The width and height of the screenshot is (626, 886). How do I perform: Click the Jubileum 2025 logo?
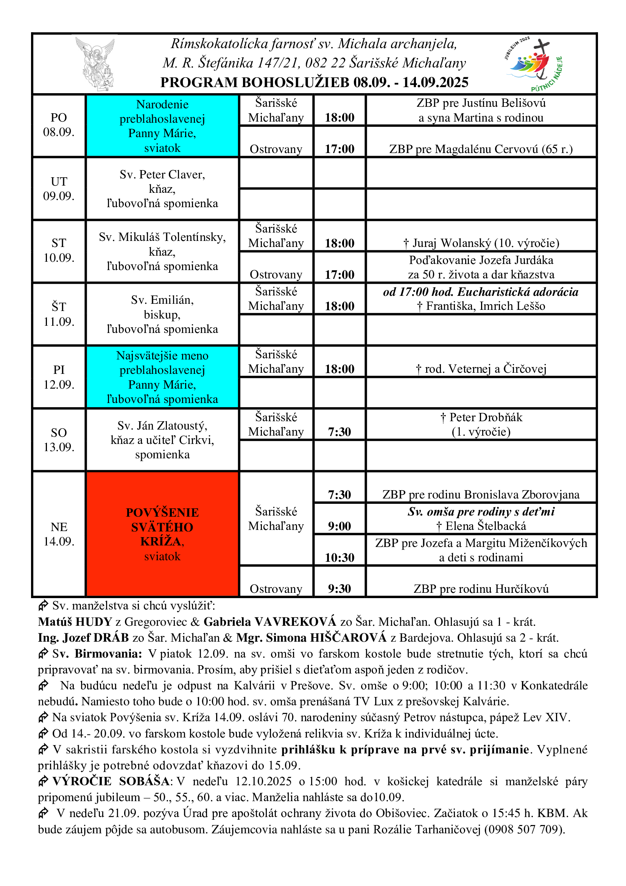(534, 64)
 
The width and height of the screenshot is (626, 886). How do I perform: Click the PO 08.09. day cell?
(59, 125)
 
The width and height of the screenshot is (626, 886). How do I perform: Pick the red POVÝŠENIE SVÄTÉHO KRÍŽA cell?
(162, 534)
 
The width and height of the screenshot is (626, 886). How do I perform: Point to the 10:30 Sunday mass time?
(339, 557)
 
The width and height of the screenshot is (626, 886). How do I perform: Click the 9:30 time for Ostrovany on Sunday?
(339, 589)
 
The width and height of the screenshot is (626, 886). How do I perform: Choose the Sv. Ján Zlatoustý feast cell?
(162, 440)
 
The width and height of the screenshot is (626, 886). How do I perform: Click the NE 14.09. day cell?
(59, 534)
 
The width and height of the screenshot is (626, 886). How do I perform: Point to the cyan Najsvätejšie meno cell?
(162, 377)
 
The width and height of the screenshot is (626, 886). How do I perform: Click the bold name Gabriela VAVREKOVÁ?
(270, 622)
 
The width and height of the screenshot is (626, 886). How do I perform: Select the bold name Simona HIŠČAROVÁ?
(311, 638)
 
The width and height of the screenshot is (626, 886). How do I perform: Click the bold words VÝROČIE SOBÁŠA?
(111, 781)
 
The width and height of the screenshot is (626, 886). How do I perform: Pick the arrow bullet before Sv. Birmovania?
(43, 653)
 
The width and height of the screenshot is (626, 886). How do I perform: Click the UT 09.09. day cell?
(59, 189)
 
